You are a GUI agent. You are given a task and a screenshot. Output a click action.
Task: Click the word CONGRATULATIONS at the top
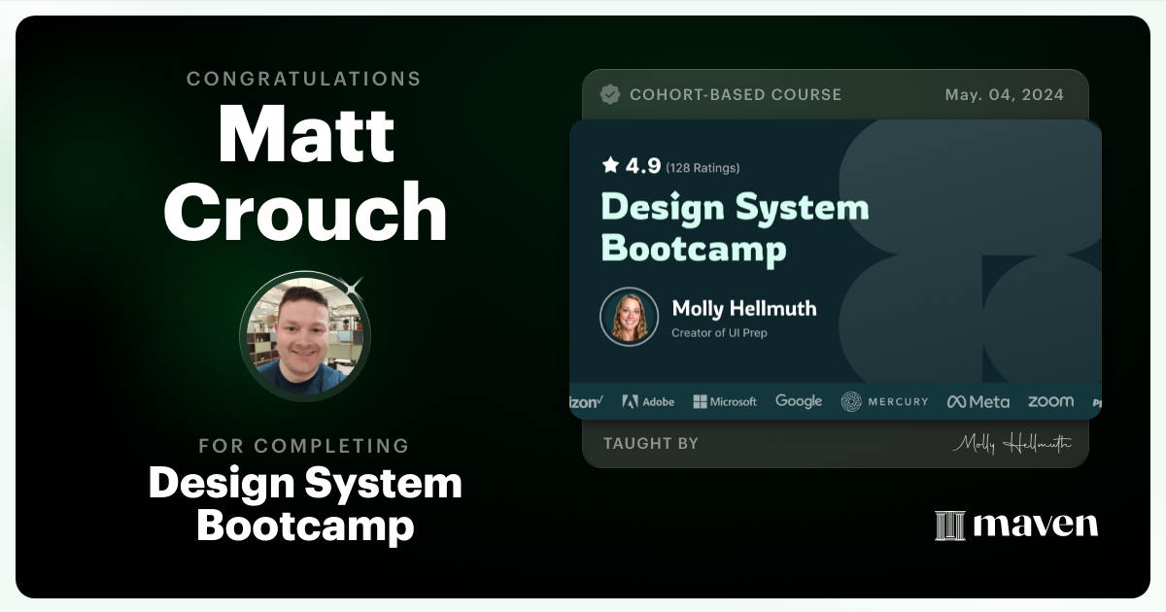tap(304, 79)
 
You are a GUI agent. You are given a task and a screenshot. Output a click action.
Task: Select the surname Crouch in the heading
tap(305, 212)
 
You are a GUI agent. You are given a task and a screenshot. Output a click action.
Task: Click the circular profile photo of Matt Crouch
tap(305, 336)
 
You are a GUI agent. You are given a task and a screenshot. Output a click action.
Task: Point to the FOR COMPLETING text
tap(304, 446)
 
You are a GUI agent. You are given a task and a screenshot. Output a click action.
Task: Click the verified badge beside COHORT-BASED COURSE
tap(610, 94)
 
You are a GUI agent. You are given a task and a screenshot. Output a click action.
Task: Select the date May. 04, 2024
tap(1004, 95)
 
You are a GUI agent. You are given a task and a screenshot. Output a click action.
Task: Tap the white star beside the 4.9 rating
tap(610, 166)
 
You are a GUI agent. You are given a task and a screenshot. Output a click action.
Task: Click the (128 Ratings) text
tap(703, 168)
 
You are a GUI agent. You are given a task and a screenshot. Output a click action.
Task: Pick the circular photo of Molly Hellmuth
tap(629, 316)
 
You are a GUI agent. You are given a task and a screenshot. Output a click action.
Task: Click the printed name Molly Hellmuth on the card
tap(743, 309)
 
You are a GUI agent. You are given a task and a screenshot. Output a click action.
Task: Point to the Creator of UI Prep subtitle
tap(719, 333)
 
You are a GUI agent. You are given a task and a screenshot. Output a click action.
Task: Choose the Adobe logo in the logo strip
tap(648, 401)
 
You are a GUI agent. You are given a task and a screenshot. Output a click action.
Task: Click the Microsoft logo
tap(725, 401)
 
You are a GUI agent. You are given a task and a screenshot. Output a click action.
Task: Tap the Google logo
tap(799, 401)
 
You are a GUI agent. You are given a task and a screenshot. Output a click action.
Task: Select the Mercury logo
tap(884, 401)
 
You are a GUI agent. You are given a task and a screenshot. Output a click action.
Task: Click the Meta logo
tap(978, 401)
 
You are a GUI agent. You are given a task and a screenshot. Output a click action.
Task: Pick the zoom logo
tap(1050, 401)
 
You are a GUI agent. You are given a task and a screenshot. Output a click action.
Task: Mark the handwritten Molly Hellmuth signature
tap(1012, 443)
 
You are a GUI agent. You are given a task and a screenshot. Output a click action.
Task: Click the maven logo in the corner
tap(1016, 525)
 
